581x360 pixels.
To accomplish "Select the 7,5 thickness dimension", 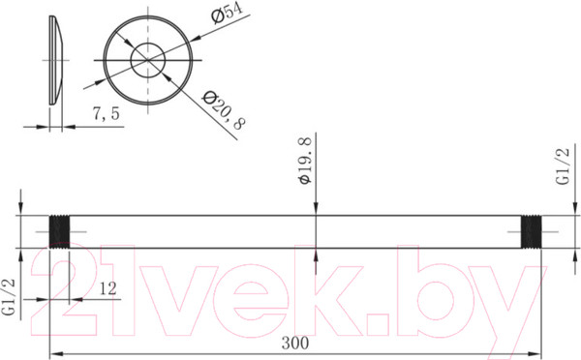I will coord(106,114).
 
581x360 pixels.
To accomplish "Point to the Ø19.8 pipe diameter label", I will coord(305,164).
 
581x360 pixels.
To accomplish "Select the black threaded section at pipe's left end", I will coord(60,232).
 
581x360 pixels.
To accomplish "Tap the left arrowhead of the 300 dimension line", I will coord(54,352).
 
